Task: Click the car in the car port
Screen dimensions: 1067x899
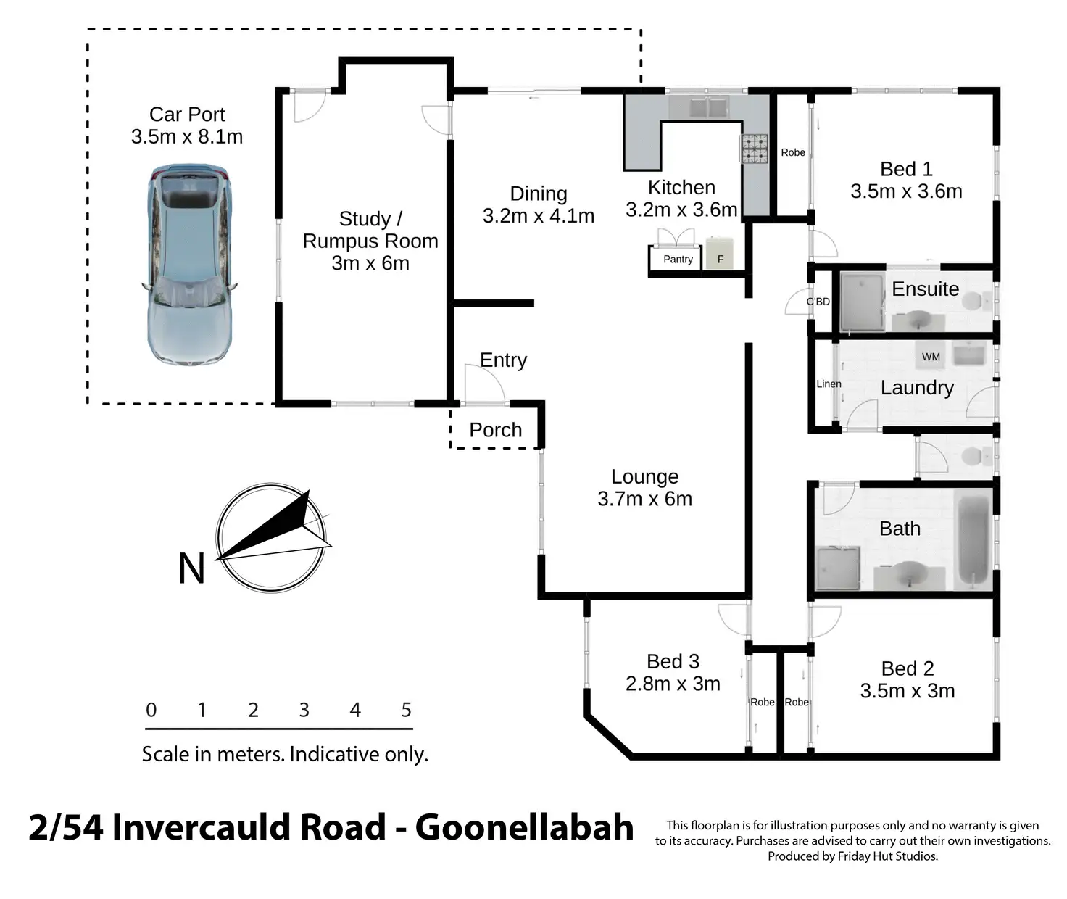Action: (190, 264)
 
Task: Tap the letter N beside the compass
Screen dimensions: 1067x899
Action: (191, 568)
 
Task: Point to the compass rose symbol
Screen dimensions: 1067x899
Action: (272, 538)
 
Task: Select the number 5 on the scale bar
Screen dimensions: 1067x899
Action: (406, 709)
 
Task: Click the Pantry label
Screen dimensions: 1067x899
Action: (678, 259)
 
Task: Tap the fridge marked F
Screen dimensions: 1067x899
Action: (720, 253)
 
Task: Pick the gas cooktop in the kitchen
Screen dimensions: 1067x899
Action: (755, 149)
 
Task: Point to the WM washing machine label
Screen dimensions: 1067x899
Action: (931, 357)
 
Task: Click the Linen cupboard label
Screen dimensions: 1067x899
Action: (829, 384)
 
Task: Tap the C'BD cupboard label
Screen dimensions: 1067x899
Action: (818, 302)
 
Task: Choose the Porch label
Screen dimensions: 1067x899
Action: (496, 430)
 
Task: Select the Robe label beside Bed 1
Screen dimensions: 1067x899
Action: (792, 152)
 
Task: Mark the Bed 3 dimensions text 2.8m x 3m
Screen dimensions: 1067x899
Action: (673, 684)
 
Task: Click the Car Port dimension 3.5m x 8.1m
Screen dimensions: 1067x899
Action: (187, 137)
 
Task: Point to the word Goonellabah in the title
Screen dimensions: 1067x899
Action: (524, 828)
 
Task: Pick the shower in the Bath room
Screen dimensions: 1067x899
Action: (838, 567)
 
